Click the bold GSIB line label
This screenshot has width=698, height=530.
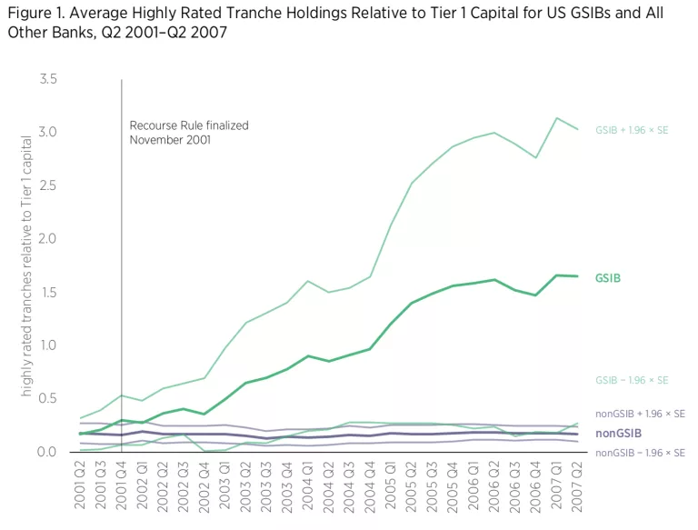(608, 278)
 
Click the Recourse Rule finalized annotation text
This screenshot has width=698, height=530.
(188, 132)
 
